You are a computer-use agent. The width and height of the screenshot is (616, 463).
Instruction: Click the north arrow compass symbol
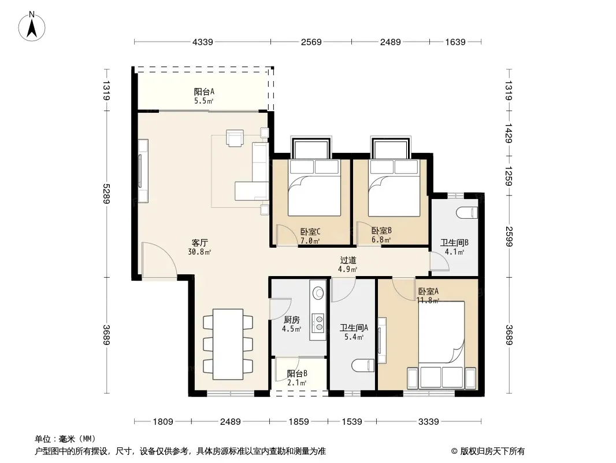(32, 27)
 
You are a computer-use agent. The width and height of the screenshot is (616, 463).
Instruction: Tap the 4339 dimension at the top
(202, 42)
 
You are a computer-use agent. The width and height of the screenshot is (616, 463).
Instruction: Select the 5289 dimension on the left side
(106, 193)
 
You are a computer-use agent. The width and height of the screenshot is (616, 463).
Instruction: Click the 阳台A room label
(204, 91)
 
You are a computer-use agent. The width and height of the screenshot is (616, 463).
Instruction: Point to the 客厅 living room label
(199, 242)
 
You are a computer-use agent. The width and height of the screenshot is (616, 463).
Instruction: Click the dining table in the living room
(228, 344)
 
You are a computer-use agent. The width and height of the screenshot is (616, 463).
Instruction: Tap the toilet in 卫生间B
(467, 213)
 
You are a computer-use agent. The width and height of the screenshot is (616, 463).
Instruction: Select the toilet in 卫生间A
(363, 366)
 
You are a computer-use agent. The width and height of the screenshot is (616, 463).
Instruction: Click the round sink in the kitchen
(318, 293)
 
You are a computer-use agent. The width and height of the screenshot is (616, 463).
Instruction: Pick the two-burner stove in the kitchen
(319, 322)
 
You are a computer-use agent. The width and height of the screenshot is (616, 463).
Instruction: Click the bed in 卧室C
(314, 188)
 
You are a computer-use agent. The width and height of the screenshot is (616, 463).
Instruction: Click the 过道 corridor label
(348, 260)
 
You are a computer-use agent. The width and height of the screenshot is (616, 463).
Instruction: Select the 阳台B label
(297, 373)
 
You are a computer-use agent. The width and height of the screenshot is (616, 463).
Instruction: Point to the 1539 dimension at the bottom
(352, 422)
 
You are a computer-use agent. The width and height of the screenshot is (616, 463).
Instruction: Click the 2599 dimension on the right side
(509, 236)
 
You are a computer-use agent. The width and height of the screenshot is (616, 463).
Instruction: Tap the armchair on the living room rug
(235, 138)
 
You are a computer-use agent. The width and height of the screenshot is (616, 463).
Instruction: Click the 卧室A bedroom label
(428, 292)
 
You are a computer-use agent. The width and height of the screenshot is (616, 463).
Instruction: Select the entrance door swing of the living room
(159, 260)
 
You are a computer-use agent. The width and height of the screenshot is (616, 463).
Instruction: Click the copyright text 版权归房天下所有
(492, 451)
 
